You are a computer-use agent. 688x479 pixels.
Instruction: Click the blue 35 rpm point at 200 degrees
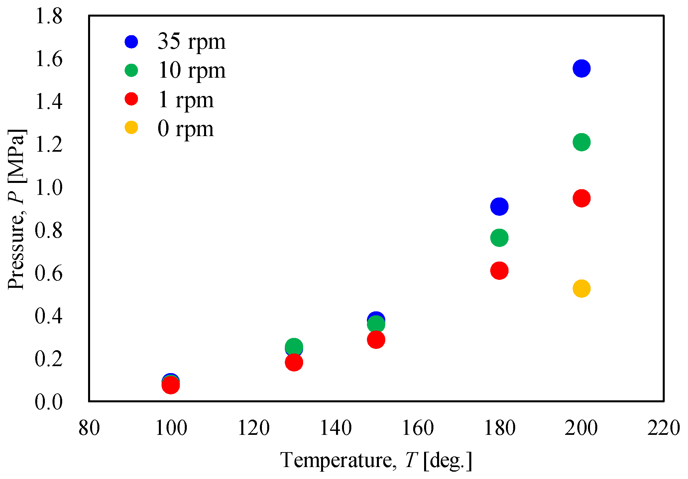581,69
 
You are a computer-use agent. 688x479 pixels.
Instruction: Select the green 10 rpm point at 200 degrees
581,142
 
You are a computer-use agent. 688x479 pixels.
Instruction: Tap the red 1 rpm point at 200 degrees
581,199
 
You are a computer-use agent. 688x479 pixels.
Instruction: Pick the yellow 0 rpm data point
581,288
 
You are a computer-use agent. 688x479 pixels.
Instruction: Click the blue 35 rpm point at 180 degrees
499,206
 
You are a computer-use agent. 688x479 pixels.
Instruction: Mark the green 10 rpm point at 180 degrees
499,238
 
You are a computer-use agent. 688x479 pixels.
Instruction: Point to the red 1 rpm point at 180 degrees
499,271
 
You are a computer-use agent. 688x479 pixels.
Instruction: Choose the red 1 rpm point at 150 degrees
376,340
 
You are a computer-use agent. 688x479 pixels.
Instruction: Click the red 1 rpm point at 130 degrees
294,362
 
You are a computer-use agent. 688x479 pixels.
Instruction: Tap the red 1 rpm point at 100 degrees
171,385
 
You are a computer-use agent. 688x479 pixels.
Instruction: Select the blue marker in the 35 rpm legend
131,41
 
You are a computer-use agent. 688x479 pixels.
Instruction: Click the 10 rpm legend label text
192,70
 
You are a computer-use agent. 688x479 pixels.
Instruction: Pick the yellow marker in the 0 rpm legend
131,127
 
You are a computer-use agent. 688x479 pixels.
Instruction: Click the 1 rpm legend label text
186,99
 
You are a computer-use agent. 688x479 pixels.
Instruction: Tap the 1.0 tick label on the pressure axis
49,187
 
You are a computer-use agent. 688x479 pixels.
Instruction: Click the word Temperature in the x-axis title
336,460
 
